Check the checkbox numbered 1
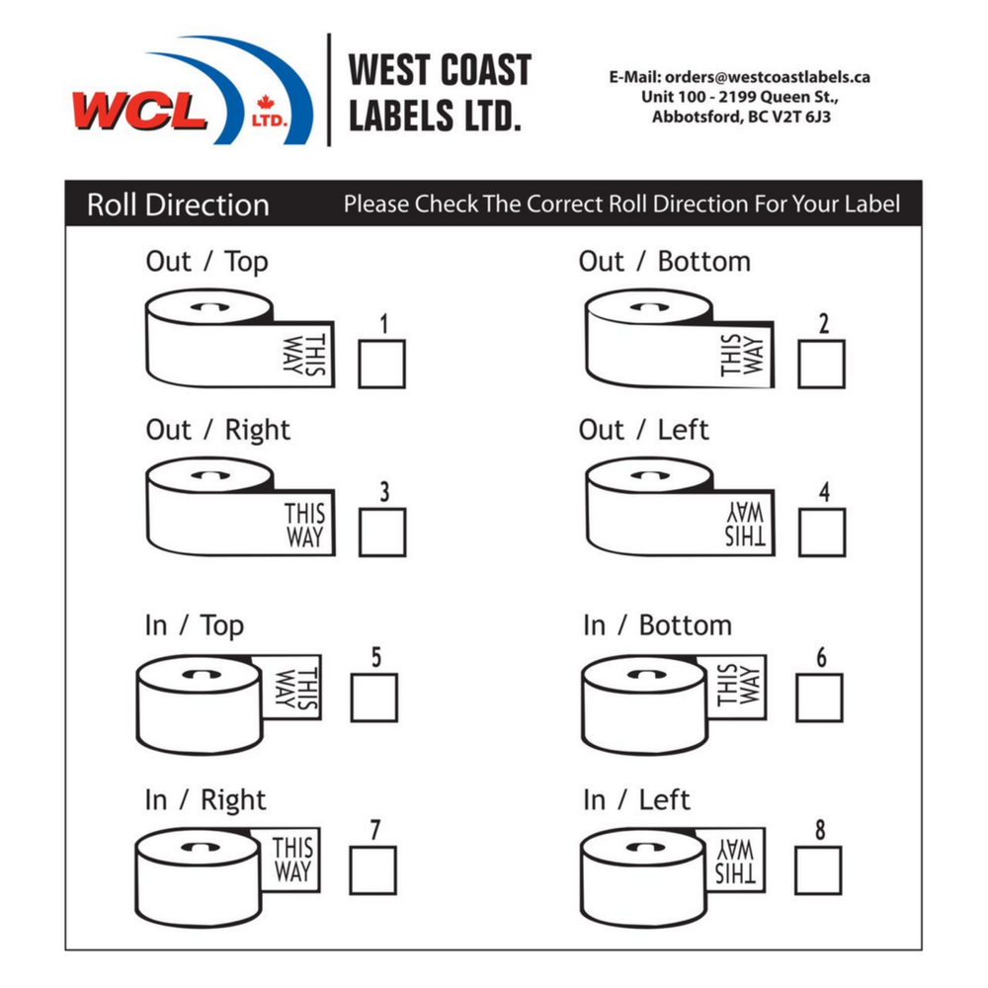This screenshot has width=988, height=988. [x=380, y=364]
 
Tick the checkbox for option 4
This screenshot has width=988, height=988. [x=821, y=533]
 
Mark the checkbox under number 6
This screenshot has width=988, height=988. [x=819, y=698]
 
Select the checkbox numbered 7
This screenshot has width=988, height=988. [x=372, y=870]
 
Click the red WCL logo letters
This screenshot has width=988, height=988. [x=139, y=110]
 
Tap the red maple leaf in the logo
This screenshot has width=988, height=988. [x=264, y=103]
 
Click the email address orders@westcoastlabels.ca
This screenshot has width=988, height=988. [x=766, y=76]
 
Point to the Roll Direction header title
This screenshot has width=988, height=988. [x=178, y=206]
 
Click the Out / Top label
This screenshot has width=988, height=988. [x=206, y=262]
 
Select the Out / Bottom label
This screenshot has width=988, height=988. [x=664, y=262]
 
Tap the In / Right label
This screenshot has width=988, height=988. [x=206, y=799]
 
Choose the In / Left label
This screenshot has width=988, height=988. [x=636, y=799]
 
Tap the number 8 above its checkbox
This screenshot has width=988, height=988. [x=819, y=831]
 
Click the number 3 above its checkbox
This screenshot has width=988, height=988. [x=384, y=492]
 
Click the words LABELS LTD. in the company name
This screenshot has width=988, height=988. [x=434, y=117]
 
